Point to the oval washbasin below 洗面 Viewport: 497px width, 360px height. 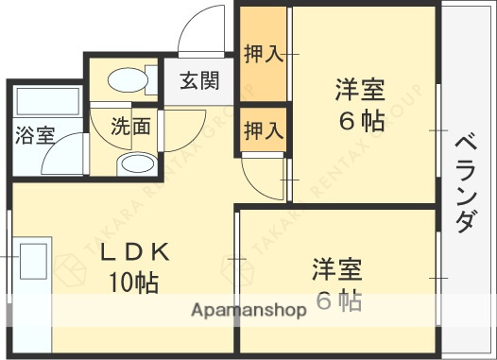137,163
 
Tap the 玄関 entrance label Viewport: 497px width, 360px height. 199,81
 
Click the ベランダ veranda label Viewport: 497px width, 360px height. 465,182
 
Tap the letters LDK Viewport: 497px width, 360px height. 135,252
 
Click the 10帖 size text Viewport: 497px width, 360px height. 132,282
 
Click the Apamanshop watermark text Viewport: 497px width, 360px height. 249,310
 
